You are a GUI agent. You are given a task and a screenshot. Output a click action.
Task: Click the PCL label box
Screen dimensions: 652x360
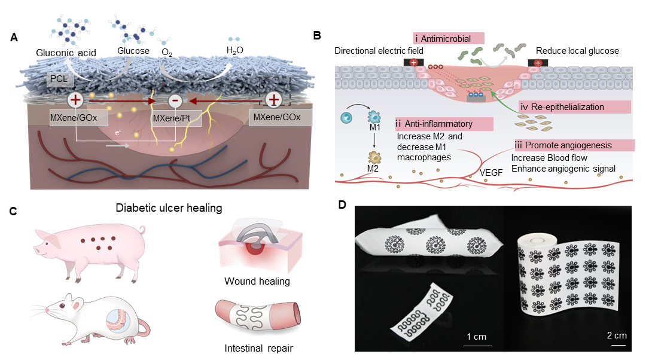60,79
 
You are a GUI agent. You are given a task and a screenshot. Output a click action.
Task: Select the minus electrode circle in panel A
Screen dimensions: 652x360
175,100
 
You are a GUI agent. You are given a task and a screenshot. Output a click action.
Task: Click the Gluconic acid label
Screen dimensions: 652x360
66,53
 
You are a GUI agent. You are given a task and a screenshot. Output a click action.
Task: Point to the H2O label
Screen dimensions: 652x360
234,51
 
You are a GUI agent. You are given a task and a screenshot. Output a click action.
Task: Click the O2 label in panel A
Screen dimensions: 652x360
167,53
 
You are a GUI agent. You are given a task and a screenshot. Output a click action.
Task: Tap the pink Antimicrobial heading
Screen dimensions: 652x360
449,39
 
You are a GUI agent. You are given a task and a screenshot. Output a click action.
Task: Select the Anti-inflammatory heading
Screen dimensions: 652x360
444,124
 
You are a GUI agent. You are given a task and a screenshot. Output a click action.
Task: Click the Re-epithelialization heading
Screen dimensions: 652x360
575,107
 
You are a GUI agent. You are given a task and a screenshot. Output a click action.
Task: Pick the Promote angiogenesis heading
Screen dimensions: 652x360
574,145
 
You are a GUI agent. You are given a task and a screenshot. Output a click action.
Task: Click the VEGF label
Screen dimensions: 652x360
491,172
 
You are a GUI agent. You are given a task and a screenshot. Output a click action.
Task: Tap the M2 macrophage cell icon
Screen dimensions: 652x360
374,157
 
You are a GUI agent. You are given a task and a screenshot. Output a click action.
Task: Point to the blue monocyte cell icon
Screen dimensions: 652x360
346,118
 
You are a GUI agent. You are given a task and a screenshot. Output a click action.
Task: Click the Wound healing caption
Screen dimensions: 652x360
257,282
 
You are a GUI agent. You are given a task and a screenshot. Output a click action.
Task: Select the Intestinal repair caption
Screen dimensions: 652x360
258,349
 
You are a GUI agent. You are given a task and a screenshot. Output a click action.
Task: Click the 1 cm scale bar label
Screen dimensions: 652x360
477,337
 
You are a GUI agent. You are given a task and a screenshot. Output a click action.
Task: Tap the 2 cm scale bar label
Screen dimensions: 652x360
617,335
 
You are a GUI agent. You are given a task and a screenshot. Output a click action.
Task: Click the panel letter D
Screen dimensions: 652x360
342,205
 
